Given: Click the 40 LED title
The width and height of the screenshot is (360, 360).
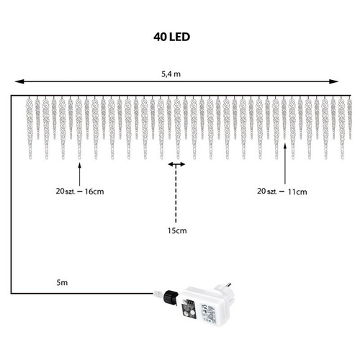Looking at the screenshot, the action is click(171, 37).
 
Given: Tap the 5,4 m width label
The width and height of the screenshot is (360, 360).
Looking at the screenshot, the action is click(171, 74).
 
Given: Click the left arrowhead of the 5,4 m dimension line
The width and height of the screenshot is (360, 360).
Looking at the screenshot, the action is click(19, 81).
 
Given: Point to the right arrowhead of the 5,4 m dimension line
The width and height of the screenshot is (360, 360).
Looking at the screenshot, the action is click(333, 81).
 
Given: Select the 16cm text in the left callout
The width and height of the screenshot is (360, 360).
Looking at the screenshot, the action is click(94, 192).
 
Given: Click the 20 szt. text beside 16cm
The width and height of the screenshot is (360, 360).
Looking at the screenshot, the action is click(66, 192).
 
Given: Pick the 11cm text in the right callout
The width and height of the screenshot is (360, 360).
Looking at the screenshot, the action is click(297, 192).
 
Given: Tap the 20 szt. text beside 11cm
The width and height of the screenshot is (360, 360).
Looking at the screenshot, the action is click(267, 192).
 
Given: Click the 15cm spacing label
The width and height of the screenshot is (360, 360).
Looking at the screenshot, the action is click(177, 230).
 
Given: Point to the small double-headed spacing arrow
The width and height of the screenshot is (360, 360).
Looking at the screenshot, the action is click(176, 164).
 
